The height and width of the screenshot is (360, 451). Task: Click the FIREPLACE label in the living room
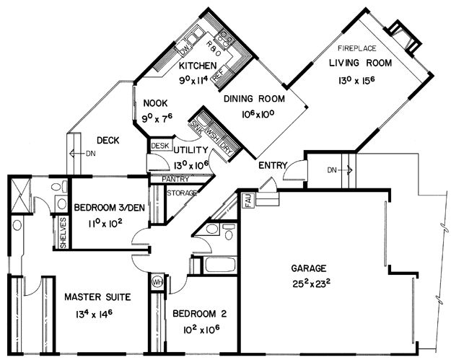pos(357,48)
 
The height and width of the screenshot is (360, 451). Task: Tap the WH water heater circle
pos(157,281)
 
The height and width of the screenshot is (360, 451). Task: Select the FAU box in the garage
pos(249,200)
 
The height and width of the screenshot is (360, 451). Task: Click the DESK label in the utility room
pos(160,146)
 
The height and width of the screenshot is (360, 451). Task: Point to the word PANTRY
pos(175,179)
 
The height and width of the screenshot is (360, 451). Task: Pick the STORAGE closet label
pos(182,193)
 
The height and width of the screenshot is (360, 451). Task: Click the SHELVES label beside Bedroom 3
pos(63,233)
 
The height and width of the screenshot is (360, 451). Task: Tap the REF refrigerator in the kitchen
pos(218,75)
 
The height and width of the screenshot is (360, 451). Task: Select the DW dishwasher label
pos(185,50)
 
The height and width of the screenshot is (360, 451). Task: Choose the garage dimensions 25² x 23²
pos(311,284)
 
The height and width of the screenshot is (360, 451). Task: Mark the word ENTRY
pos(273,165)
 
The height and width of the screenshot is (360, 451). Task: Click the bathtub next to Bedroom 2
pos(220,265)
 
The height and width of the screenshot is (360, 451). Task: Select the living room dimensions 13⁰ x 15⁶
pos(356,81)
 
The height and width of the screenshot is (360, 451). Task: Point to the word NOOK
pos(155,103)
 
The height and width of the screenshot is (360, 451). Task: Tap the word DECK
pos(108,141)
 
